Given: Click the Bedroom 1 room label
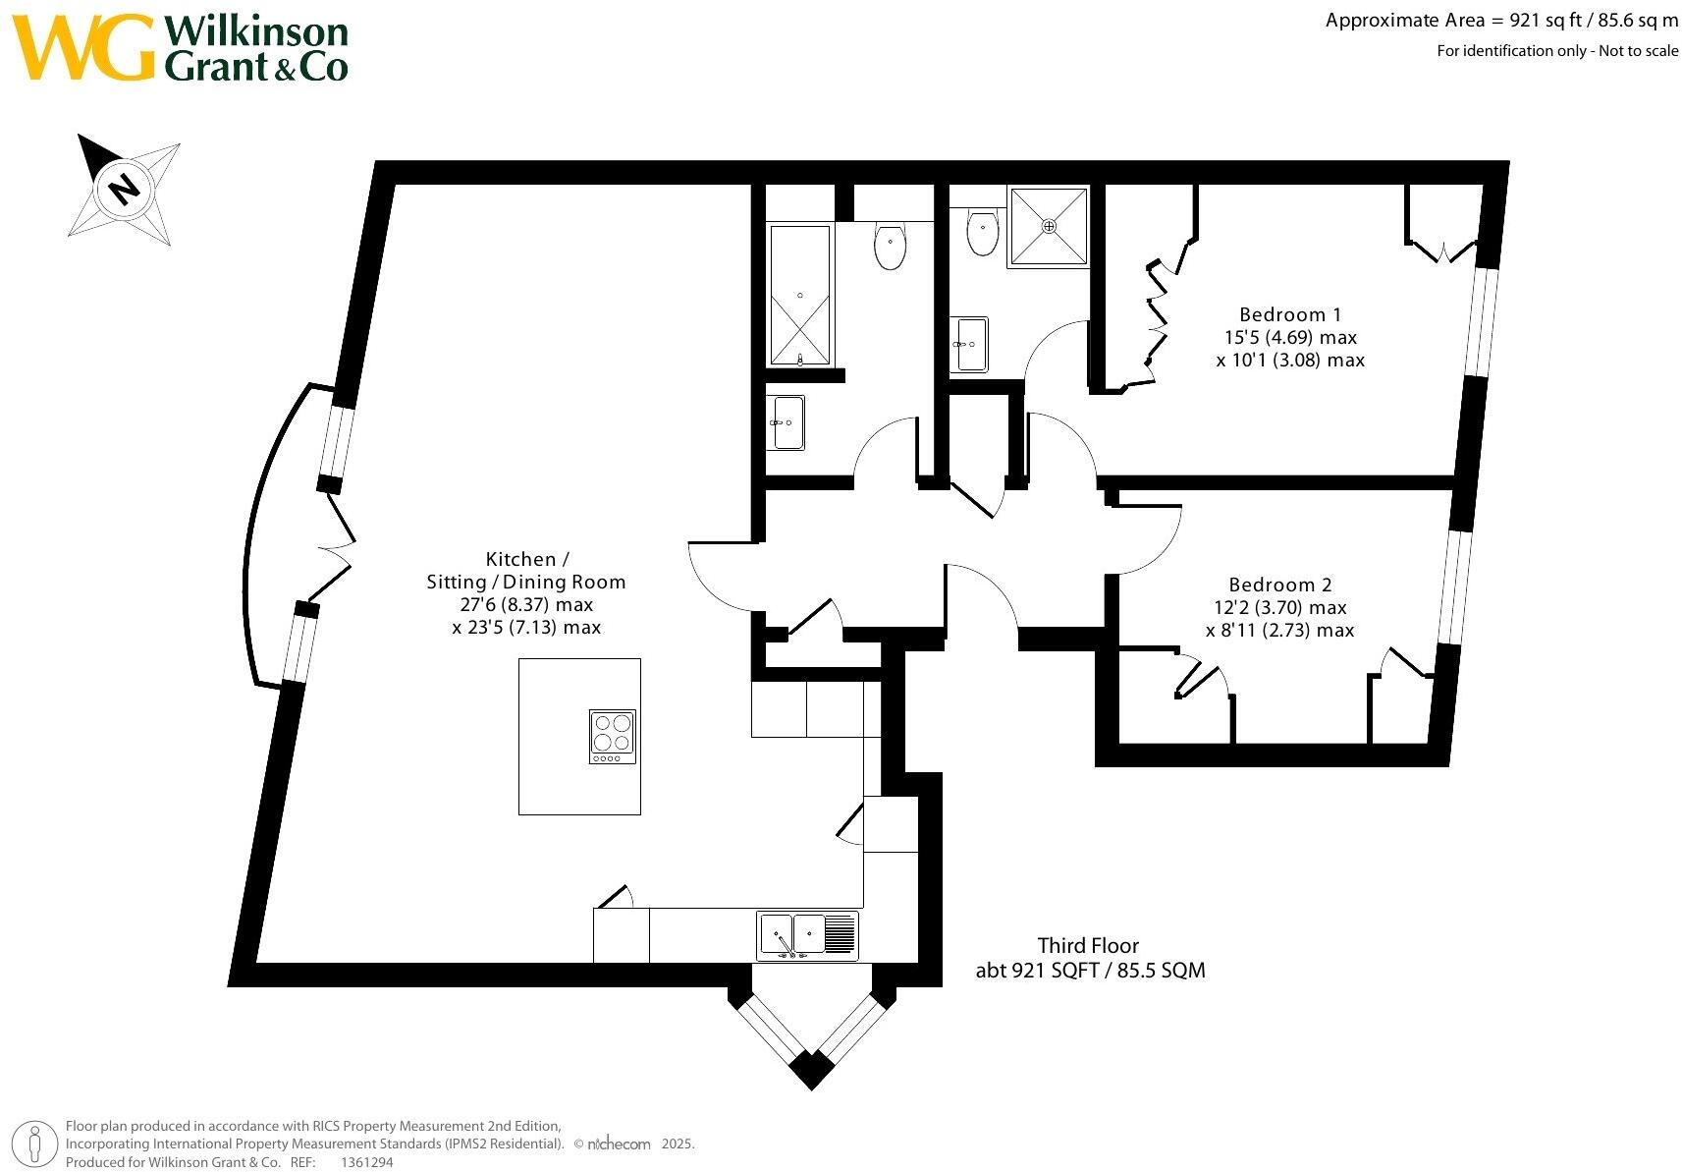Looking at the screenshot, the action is [x=1290, y=314].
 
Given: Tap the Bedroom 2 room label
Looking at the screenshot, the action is [x=1280, y=585].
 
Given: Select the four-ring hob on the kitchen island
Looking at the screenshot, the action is [x=613, y=736].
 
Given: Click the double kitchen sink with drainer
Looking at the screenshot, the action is [x=807, y=935].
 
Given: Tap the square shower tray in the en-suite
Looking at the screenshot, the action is [x=1049, y=226].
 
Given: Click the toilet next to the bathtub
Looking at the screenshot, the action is [x=890, y=246].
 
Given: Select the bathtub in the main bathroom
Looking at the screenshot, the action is [x=800, y=295].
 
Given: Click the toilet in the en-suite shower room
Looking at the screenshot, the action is [x=982, y=233].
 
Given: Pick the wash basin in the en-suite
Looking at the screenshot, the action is [x=969, y=345].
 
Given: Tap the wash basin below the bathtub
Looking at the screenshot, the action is [x=786, y=423].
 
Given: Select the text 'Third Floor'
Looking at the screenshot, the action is [x=1088, y=945].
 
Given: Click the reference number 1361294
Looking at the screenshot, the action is [x=367, y=1162].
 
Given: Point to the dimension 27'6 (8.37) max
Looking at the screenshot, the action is [x=526, y=605].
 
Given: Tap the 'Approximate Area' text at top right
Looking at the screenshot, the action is [x=1405, y=21].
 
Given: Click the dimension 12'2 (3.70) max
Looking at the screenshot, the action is [x=1280, y=607].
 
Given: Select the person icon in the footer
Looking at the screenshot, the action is [x=34, y=1144].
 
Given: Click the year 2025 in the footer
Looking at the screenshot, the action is [x=678, y=1144].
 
